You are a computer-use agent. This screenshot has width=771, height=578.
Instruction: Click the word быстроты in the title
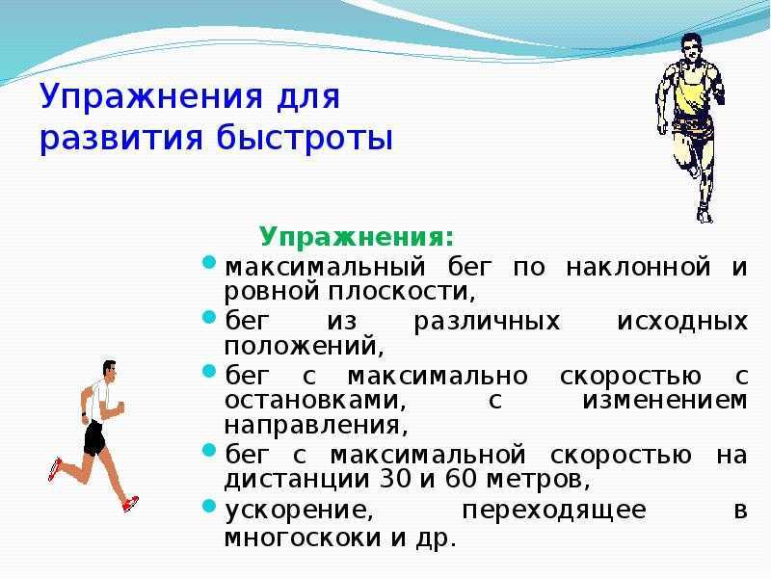(x=305, y=138)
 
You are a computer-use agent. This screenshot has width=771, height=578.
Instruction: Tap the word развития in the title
(x=121, y=139)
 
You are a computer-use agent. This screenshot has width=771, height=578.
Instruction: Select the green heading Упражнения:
(x=357, y=237)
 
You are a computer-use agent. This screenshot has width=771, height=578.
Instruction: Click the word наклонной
(x=638, y=268)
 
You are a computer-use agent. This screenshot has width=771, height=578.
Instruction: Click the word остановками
(x=315, y=401)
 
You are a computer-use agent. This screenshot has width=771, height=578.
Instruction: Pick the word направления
(x=316, y=426)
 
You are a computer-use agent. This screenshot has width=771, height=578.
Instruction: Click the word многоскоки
(x=303, y=539)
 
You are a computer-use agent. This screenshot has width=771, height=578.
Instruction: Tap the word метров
(x=538, y=480)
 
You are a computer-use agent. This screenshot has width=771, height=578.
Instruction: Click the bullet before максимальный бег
(x=209, y=262)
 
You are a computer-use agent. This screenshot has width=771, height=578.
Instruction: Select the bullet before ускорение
(x=209, y=506)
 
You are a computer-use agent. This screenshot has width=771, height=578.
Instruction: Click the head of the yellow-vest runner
(x=691, y=47)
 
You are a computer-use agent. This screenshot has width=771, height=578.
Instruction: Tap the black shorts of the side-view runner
(x=93, y=438)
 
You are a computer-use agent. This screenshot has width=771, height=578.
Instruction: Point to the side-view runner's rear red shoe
(x=55, y=469)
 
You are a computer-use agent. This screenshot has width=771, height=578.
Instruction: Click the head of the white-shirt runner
(x=109, y=371)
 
